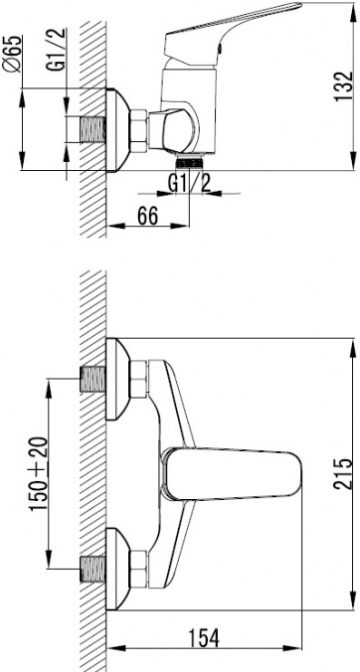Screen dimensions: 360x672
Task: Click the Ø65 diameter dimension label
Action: [11, 55]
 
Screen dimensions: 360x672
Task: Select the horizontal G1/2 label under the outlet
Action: [190, 184]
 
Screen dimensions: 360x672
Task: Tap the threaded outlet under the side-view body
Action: [189, 162]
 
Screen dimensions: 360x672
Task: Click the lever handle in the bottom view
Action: [234, 474]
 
